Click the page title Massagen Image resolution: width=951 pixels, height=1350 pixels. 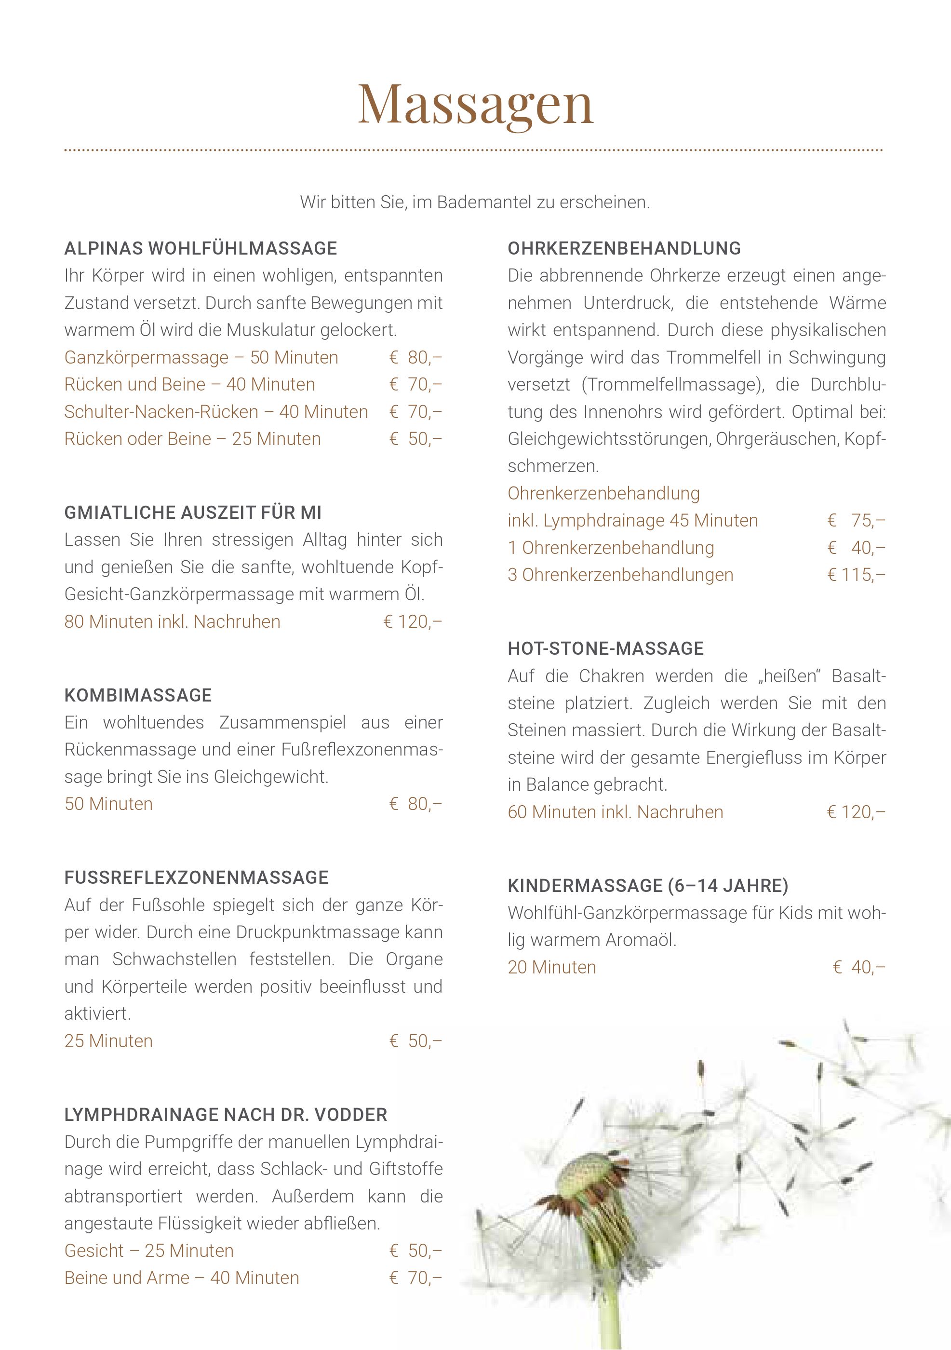(475, 105)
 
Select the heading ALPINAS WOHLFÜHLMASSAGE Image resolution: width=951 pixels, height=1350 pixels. (201, 248)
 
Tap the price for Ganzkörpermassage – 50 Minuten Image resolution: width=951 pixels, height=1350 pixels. (415, 357)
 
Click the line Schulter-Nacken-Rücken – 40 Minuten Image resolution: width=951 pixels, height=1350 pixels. (216, 412)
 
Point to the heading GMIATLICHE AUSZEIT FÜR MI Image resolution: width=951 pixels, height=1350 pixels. (193, 513)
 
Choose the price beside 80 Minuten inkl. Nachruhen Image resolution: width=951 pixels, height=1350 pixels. (412, 621)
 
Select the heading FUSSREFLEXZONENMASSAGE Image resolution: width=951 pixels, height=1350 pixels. (196, 877)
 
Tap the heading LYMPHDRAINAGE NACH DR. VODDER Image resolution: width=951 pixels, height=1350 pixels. (226, 1115)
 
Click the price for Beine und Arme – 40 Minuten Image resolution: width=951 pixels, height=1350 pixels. (415, 1278)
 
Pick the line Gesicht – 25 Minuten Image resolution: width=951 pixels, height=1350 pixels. (149, 1251)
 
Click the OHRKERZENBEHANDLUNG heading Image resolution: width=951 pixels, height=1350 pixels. (624, 248)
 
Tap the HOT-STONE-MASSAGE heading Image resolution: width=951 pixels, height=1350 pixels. (605, 648)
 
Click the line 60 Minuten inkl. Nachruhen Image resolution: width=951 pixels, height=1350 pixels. (616, 812)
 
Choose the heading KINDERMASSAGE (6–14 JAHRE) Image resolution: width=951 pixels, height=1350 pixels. (648, 886)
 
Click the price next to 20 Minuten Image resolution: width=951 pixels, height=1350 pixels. (859, 967)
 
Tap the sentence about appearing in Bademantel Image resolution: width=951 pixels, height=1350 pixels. (475, 202)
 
